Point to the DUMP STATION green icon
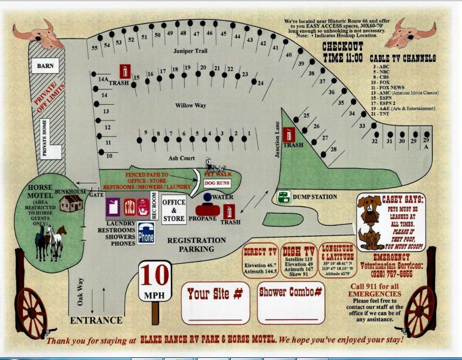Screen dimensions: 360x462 284,197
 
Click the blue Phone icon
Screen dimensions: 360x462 146,233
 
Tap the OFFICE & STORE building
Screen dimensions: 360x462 174,210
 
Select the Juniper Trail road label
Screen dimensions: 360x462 190,51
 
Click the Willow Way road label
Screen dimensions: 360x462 191,106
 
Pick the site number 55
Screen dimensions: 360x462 95,49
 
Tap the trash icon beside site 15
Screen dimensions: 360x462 124,71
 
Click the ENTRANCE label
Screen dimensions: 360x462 96,320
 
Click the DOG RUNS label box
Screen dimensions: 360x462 216,183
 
